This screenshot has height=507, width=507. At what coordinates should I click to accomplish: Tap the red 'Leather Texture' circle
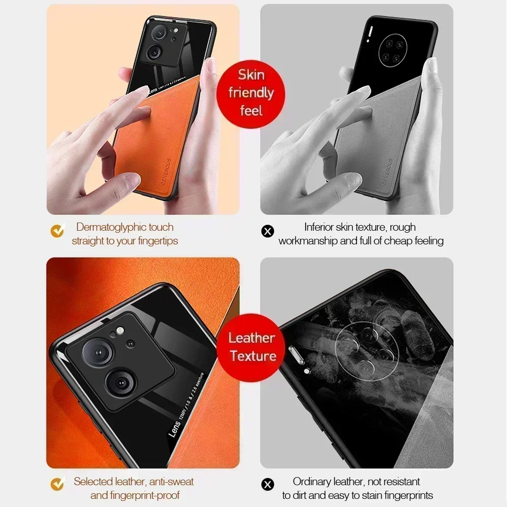(252, 347)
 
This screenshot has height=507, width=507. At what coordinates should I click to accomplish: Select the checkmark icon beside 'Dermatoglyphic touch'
(57, 231)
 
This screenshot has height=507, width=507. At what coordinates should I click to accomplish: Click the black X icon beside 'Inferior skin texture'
(267, 231)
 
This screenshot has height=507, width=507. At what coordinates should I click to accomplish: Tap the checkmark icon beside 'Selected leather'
(57, 484)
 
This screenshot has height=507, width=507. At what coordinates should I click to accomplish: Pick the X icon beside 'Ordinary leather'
(267, 485)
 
